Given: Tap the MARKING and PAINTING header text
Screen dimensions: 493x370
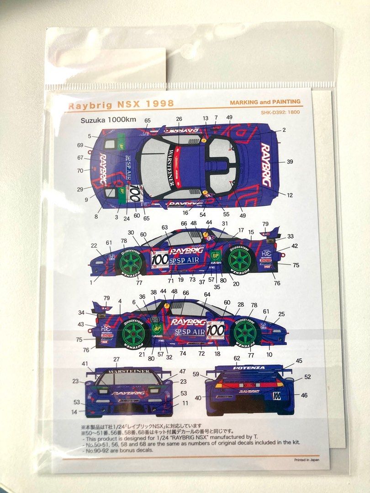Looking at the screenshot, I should pos(271,102).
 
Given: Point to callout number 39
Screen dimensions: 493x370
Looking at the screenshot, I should pos(290,162).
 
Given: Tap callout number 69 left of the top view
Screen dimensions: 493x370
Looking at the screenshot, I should pos(80,145).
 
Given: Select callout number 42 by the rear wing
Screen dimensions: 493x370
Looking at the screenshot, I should pos(295,246).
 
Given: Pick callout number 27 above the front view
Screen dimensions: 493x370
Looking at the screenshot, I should pos(116,359).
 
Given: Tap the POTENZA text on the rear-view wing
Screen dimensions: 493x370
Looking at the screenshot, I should pos(248,367).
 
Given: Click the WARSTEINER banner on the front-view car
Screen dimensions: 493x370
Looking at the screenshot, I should pos(130,371).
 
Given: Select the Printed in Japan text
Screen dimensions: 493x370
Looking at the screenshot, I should pos(307,460).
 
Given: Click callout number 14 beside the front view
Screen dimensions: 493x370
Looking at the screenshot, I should pos(74,412).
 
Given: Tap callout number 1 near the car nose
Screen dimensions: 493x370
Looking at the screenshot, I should pos(90,283).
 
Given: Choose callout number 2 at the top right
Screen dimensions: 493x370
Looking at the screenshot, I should pos(284,130).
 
